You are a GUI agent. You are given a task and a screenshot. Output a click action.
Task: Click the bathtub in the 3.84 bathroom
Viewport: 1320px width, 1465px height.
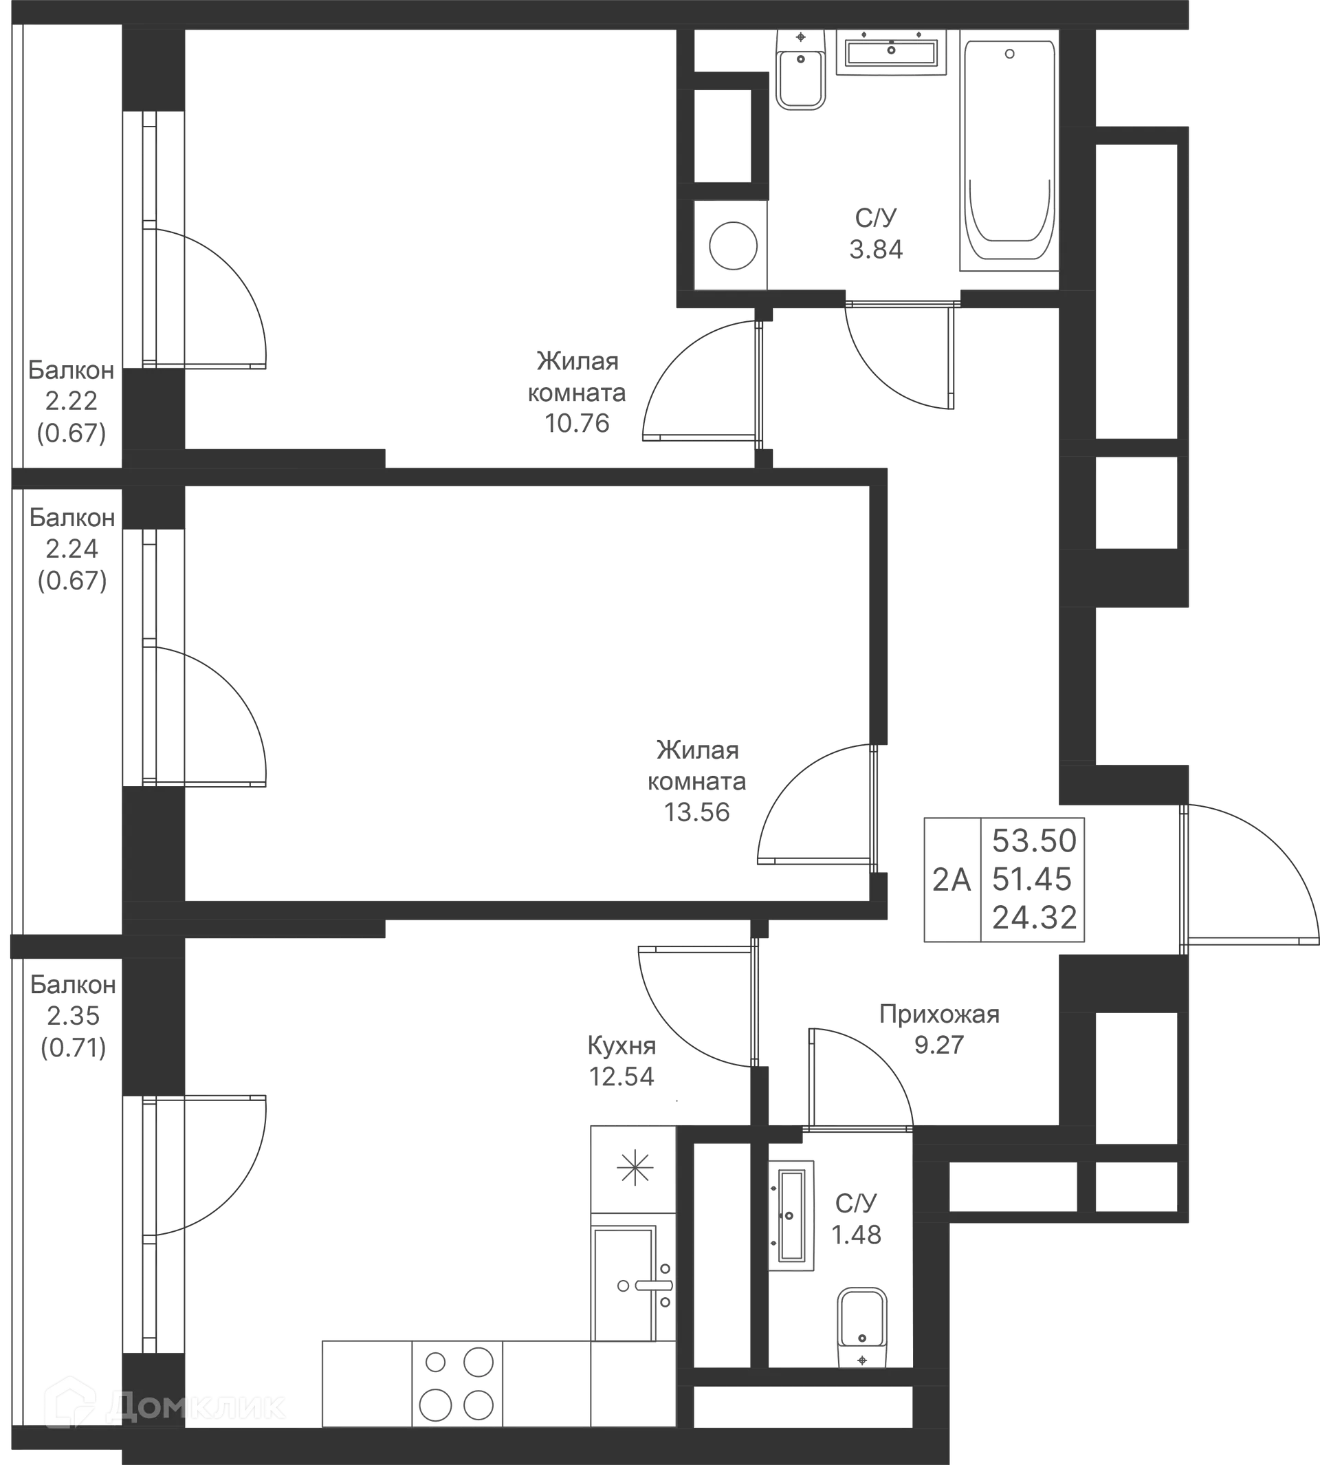1009,150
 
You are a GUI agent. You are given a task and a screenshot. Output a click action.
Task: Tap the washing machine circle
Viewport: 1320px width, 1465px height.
734,246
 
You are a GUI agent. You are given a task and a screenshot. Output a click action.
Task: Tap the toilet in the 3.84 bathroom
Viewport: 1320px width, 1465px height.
801,69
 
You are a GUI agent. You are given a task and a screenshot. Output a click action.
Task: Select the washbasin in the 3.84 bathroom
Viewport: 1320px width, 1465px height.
892,52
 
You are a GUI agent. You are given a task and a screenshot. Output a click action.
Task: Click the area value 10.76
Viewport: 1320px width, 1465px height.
577,423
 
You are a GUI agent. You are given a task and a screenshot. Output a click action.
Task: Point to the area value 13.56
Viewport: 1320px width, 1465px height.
697,812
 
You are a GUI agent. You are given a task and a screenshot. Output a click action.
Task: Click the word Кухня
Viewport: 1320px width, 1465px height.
621,1045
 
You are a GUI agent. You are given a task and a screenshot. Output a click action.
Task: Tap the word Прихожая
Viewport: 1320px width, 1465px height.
939,1014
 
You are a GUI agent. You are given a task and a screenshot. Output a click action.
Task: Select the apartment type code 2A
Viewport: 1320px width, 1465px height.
951,880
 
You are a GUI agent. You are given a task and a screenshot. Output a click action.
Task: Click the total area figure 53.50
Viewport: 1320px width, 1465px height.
1034,841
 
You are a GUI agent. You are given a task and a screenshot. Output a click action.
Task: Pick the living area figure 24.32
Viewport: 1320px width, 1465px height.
1034,918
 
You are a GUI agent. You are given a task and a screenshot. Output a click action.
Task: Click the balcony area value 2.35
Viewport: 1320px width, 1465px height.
74,1016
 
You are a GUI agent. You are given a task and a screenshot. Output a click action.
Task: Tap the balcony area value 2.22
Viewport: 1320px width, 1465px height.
71,400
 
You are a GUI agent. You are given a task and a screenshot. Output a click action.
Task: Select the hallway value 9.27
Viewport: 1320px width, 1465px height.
939,1045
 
